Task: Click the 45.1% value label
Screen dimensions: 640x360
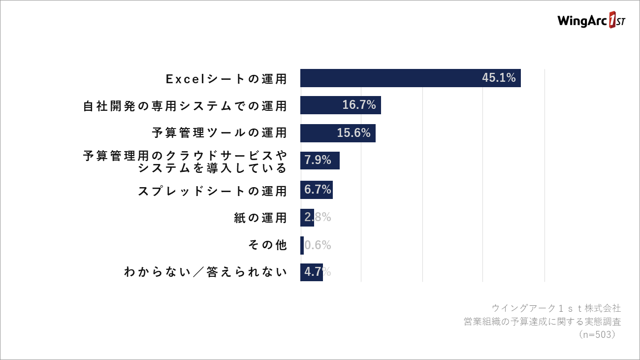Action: [499, 77]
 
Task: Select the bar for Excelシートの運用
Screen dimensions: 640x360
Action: [410, 78]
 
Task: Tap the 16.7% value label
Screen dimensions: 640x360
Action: [359, 105]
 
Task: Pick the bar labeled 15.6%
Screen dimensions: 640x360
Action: [338, 133]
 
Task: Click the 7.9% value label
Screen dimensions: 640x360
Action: [318, 160]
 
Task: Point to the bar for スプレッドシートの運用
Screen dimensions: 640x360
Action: [316, 190]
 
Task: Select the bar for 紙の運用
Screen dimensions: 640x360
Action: [307, 218]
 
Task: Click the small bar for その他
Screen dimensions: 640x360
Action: [302, 245]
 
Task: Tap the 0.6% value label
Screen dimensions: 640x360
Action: [318, 245]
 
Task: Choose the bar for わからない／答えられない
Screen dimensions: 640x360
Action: [312, 272]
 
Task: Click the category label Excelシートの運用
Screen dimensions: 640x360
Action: [226, 79]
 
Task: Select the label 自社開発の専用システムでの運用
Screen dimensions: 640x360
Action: [185, 106]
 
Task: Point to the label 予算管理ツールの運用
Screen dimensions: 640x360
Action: [219, 132]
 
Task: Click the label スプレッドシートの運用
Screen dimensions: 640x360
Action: [212, 191]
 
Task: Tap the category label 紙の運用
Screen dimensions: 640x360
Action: [260, 218]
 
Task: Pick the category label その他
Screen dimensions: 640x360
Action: [267, 245]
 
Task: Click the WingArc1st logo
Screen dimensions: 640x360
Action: [591, 20]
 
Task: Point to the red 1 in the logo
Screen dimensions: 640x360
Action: [612, 20]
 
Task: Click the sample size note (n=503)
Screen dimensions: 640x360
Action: [597, 334]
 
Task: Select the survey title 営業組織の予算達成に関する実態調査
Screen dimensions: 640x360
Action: [543, 322]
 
